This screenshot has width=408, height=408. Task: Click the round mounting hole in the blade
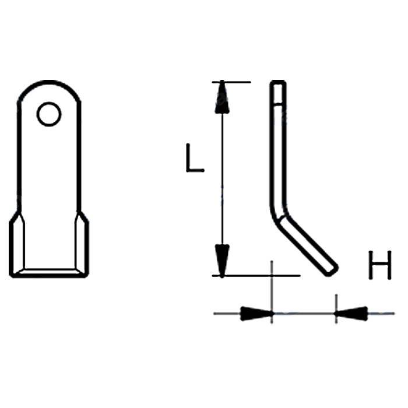pos(49,114)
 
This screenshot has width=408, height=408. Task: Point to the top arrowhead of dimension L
pos(221,98)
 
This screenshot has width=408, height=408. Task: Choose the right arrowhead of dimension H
pos(351,314)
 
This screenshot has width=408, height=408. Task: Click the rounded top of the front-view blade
pos(50,85)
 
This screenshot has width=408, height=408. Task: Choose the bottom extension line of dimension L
pos(256,275)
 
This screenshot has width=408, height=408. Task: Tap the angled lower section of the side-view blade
pos(306,242)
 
